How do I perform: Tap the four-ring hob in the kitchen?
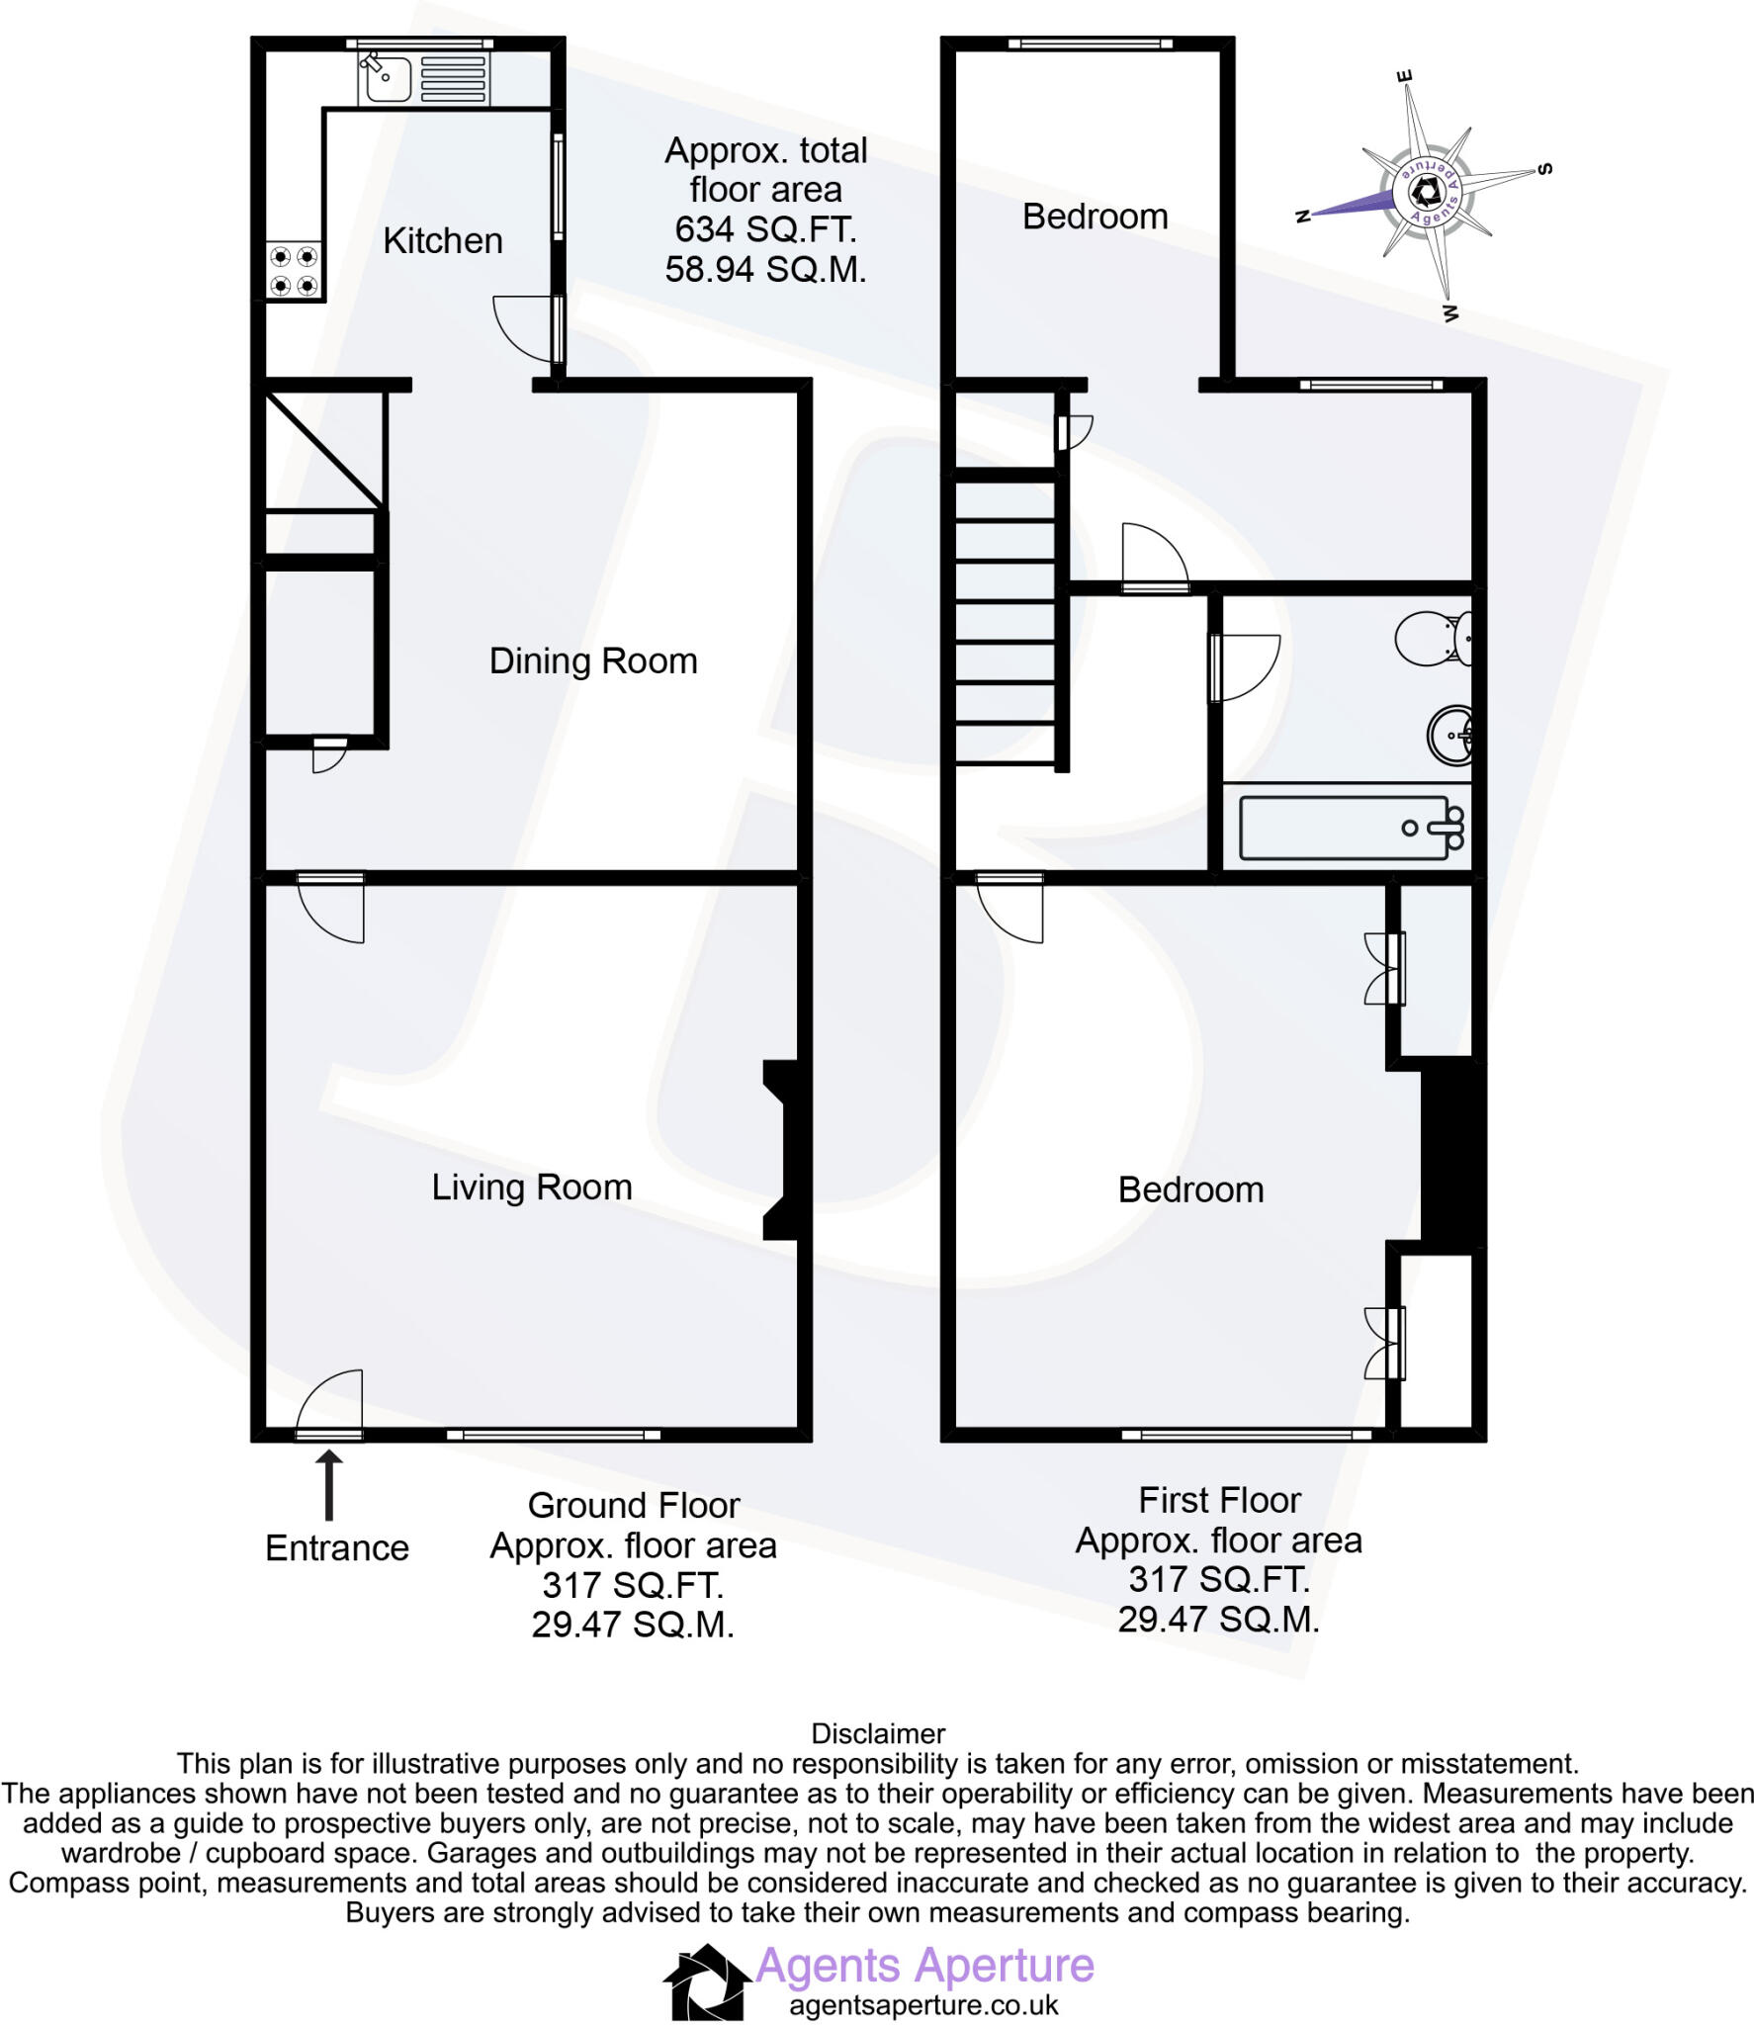point(295,271)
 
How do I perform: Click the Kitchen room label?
point(443,240)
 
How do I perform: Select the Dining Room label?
point(593,660)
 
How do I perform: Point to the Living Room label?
point(532,1187)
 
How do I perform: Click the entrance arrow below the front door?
point(329,1484)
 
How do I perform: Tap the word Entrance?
point(337,1547)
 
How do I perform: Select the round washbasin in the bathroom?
point(1449,736)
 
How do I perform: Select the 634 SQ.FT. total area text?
point(765,229)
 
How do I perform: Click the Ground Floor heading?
point(634,1505)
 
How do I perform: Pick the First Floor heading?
point(1219,1500)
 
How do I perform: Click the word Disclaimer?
point(878,1733)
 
